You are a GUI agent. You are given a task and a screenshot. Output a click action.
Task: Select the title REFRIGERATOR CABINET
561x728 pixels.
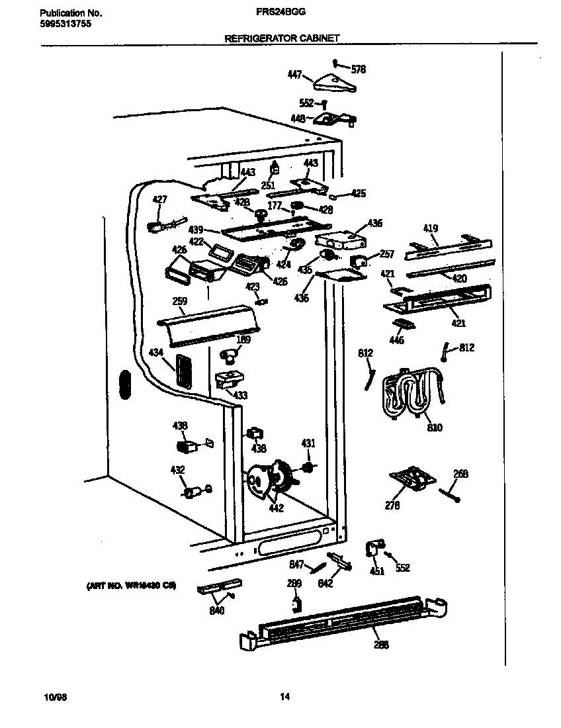pos(282,39)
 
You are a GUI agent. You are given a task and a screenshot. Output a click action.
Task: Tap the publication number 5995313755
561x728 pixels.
pos(65,23)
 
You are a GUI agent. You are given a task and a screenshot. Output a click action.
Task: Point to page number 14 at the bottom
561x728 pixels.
pos(284,696)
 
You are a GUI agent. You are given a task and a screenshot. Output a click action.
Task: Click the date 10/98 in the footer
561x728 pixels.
pos(54,696)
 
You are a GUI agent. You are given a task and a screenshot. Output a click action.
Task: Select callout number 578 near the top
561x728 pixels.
pos(358,69)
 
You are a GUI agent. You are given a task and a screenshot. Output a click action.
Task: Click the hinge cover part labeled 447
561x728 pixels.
pos(333,83)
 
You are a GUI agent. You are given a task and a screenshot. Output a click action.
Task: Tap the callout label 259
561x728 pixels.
pos(179,301)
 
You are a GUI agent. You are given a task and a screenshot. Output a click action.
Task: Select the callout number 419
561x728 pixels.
pos(431,230)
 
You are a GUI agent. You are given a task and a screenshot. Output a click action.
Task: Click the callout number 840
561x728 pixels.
pos(217,610)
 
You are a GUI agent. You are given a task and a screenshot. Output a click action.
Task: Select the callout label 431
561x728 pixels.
pos(308,443)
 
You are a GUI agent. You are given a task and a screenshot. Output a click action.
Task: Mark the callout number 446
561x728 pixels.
pos(396,341)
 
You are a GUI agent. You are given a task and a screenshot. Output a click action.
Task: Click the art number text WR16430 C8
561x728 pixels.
pos(131,586)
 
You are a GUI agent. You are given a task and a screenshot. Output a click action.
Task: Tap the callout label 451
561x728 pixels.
pos(377,571)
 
